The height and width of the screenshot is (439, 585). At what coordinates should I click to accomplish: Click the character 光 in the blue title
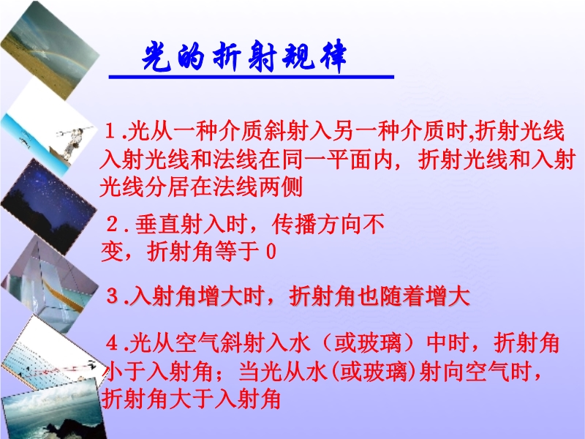[x=156, y=57]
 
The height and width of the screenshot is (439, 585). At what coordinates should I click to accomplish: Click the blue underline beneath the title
[x=251, y=77]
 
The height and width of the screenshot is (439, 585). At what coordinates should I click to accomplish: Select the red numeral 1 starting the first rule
[x=110, y=132]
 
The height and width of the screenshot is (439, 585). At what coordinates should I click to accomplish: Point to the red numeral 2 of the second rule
[x=113, y=225]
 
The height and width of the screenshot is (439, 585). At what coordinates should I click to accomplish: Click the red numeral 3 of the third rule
[x=113, y=296]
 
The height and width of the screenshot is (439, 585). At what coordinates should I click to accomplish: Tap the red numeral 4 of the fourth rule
[x=113, y=342]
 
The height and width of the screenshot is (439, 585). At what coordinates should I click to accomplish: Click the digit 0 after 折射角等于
[x=271, y=252]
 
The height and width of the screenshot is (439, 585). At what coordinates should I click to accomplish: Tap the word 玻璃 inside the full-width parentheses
[x=379, y=342]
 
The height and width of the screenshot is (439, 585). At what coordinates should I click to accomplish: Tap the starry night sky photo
[x=48, y=206]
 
